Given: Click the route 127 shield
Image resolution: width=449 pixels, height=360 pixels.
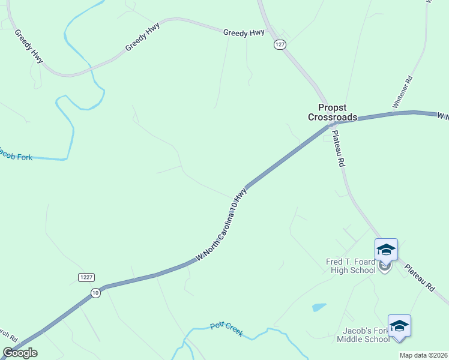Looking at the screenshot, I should pyautogui.click(x=280, y=45).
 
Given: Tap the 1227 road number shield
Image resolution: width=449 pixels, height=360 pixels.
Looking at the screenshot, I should pyautogui.click(x=86, y=277).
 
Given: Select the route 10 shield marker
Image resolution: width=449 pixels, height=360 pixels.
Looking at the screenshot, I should pyautogui.click(x=95, y=292).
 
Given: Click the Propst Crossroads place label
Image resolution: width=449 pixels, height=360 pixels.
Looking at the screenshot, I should pyautogui.click(x=333, y=112).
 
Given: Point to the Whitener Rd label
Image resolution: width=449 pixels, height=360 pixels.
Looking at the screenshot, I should pyautogui.click(x=402, y=92).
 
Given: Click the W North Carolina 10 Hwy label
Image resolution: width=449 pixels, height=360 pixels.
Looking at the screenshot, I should pyautogui.click(x=221, y=224).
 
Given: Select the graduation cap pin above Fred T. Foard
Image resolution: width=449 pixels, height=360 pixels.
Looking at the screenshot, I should pyautogui.click(x=386, y=250).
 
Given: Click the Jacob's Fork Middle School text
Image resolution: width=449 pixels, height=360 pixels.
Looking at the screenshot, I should pyautogui.click(x=363, y=335).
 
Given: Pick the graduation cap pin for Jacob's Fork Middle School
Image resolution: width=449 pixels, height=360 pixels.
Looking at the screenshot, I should pyautogui.click(x=399, y=326).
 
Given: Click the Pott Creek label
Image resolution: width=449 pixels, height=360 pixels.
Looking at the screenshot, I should pyautogui.click(x=226, y=329).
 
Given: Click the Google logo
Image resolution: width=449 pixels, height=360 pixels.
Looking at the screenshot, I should pyautogui.click(x=20, y=353).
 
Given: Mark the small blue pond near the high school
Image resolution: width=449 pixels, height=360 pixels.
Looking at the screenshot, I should pyautogui.click(x=319, y=307).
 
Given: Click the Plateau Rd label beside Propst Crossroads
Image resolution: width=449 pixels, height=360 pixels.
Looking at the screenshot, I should pyautogui.click(x=337, y=149).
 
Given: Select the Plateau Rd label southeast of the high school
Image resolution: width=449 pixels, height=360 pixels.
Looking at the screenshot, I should pyautogui.click(x=419, y=278).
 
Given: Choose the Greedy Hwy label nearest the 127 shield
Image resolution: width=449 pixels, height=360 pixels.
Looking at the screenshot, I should pyautogui.click(x=244, y=33).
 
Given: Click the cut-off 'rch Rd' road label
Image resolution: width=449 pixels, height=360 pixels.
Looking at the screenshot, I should pyautogui.click(x=10, y=338).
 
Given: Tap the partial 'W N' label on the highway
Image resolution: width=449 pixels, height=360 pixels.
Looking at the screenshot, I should pyautogui.click(x=442, y=115).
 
